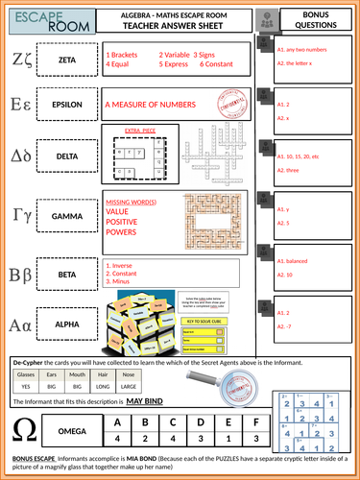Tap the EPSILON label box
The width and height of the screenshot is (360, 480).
coord(67,105)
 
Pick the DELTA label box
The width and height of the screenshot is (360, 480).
coord(67,156)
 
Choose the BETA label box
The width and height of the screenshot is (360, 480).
coord(67,274)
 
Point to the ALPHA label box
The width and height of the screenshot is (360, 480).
coord(67,324)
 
